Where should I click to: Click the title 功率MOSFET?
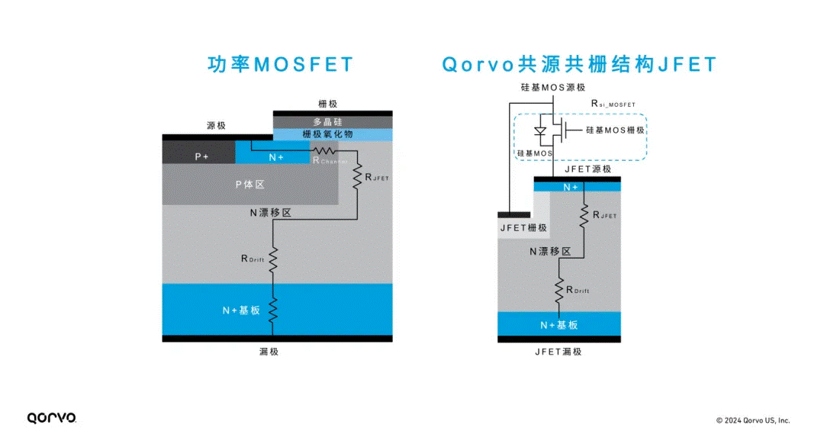(281, 64)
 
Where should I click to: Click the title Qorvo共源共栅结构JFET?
(580, 64)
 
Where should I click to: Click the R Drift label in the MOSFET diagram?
(253, 259)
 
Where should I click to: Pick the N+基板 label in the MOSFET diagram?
(241, 310)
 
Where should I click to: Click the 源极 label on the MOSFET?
(217, 126)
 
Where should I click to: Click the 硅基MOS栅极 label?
(616, 130)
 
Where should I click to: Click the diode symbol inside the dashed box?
(541, 131)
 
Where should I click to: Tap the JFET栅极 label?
(523, 227)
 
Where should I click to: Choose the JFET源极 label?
(587, 169)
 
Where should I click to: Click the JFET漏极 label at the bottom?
(558, 352)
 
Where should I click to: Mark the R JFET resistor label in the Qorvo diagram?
(604, 215)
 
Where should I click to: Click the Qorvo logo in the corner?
(51, 417)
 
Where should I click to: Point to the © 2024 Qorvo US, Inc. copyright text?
(752, 420)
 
